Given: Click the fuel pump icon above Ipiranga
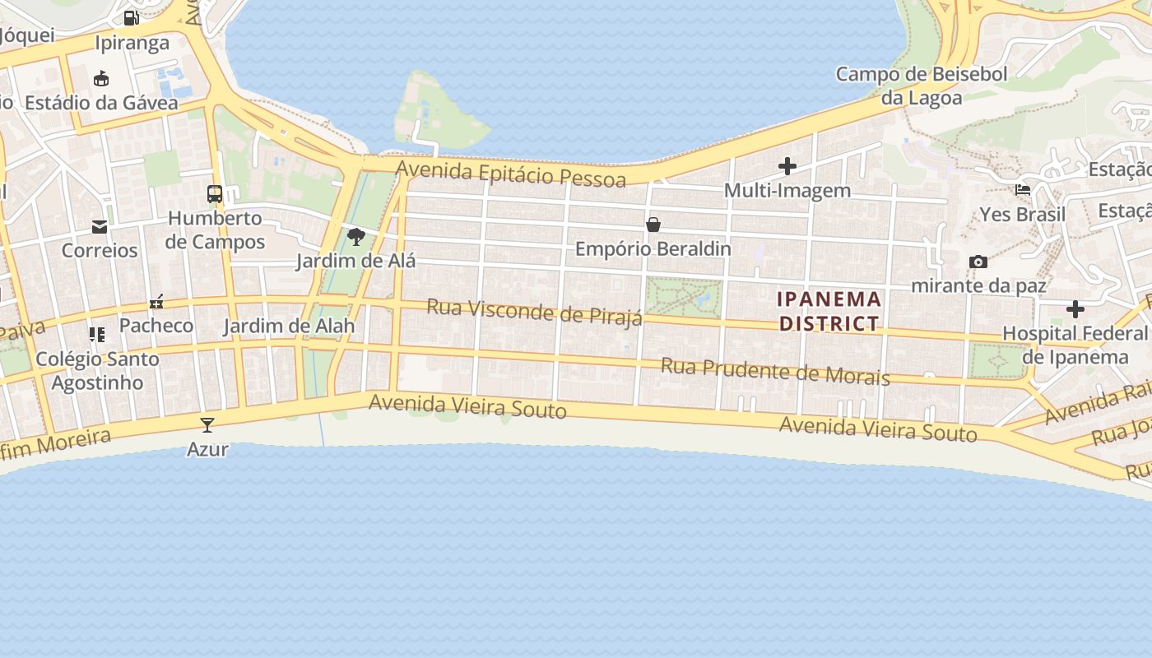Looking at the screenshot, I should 131,17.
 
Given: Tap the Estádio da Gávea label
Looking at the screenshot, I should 101,103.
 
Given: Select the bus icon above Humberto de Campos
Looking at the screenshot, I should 215,194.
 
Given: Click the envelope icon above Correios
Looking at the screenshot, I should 100,226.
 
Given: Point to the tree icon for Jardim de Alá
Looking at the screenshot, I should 356,237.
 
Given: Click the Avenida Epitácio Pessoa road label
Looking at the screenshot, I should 511,174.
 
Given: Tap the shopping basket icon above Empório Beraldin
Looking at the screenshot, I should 653,224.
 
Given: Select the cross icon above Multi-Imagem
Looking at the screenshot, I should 787,166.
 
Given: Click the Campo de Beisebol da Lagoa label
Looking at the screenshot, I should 922,86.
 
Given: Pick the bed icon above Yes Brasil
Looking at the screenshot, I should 1023,189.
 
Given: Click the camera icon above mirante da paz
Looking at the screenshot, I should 978,262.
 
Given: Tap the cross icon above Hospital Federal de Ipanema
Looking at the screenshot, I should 1075,309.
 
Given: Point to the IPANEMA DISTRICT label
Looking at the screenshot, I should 829,311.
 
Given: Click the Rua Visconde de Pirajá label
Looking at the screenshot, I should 534,313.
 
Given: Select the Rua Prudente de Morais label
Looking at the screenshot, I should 775,372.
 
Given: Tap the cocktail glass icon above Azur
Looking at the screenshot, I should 207,424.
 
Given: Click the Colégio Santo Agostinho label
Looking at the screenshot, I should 97,371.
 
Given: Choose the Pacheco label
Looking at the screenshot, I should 156,325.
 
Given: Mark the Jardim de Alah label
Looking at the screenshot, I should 290,326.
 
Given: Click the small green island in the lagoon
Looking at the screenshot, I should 436,115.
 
